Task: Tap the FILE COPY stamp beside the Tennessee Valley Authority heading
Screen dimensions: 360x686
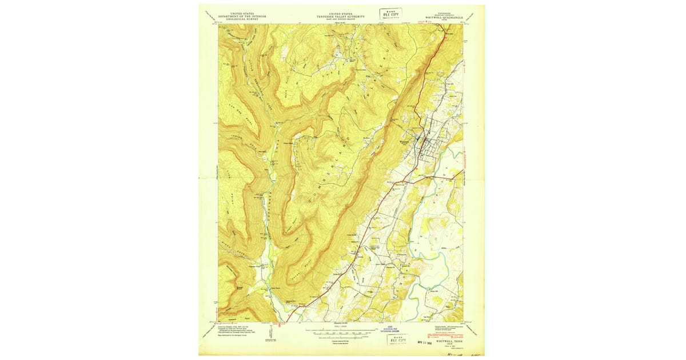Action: [392, 13]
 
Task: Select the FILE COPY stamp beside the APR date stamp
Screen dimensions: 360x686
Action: [396, 340]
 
